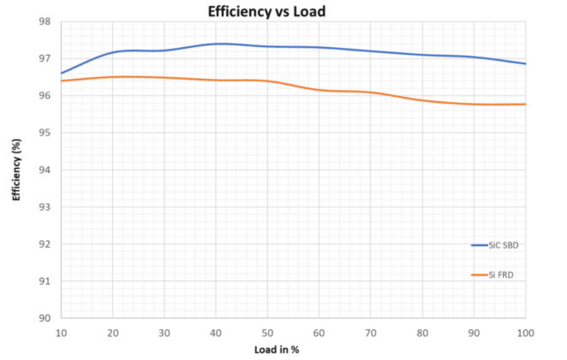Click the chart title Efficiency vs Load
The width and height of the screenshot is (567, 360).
[266, 11]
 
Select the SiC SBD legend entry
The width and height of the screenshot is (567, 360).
[495, 245]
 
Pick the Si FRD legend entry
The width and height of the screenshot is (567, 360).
[492, 275]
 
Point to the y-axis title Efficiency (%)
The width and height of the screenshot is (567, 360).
[16, 170]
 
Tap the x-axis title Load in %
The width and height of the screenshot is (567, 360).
[277, 350]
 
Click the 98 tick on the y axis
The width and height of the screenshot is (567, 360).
[45, 21]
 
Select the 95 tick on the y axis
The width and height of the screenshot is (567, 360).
[45, 133]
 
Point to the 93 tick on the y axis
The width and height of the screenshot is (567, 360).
[45, 207]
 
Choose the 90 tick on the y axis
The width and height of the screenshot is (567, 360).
[45, 318]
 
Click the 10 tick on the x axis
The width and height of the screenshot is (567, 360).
[61, 333]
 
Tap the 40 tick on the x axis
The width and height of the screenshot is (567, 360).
[216, 333]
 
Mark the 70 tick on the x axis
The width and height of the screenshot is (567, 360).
[371, 333]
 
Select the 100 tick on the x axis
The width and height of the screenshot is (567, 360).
[525, 333]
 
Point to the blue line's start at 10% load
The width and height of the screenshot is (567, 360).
[62, 74]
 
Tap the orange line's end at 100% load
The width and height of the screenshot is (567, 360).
[525, 105]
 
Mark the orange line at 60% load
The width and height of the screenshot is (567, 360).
[319, 89]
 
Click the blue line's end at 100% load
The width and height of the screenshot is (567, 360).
[525, 63]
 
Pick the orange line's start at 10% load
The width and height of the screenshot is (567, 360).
[62, 81]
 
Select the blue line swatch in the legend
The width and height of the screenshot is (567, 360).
[479, 245]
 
